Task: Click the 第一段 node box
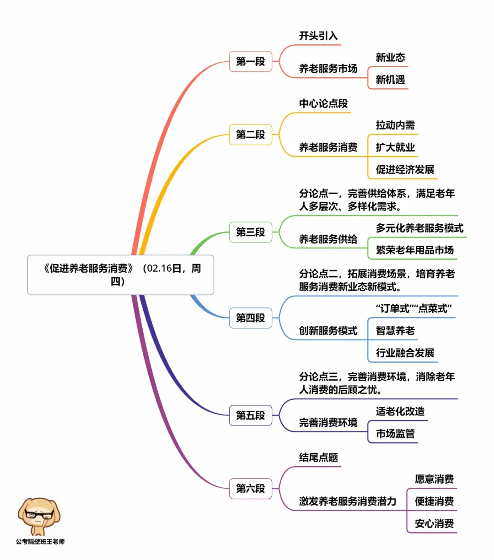tap(251, 61)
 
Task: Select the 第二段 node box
tap(251, 135)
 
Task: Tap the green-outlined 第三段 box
tap(251, 232)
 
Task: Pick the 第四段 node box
tap(251, 318)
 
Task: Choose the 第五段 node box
tap(251, 415)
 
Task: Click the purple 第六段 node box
tap(251, 489)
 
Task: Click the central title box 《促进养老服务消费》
tap(121, 275)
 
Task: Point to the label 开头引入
tap(318, 36)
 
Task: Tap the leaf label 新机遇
tap(390, 80)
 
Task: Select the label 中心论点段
tap(323, 103)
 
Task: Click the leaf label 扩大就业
tap(395, 147)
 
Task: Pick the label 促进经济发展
tap(405, 169)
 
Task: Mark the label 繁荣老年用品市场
tap(415, 250)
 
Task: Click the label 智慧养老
tap(395, 330)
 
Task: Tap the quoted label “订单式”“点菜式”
tap(413, 308)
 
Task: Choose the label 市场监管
tap(395, 433)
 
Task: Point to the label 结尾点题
tap(318, 458)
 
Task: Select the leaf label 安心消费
tap(434, 523)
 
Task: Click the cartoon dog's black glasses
tap(39, 514)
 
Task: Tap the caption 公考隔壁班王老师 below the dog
tap(40, 542)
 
